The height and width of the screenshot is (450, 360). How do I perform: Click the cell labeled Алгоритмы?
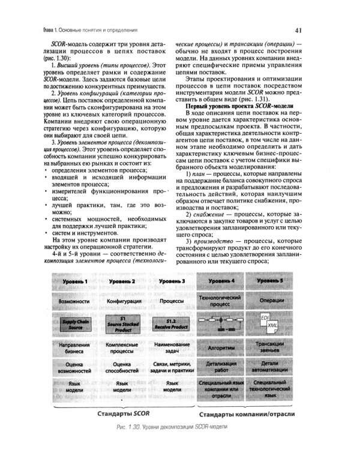coord(221,348)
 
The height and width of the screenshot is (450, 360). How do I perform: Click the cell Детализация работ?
coord(221,368)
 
